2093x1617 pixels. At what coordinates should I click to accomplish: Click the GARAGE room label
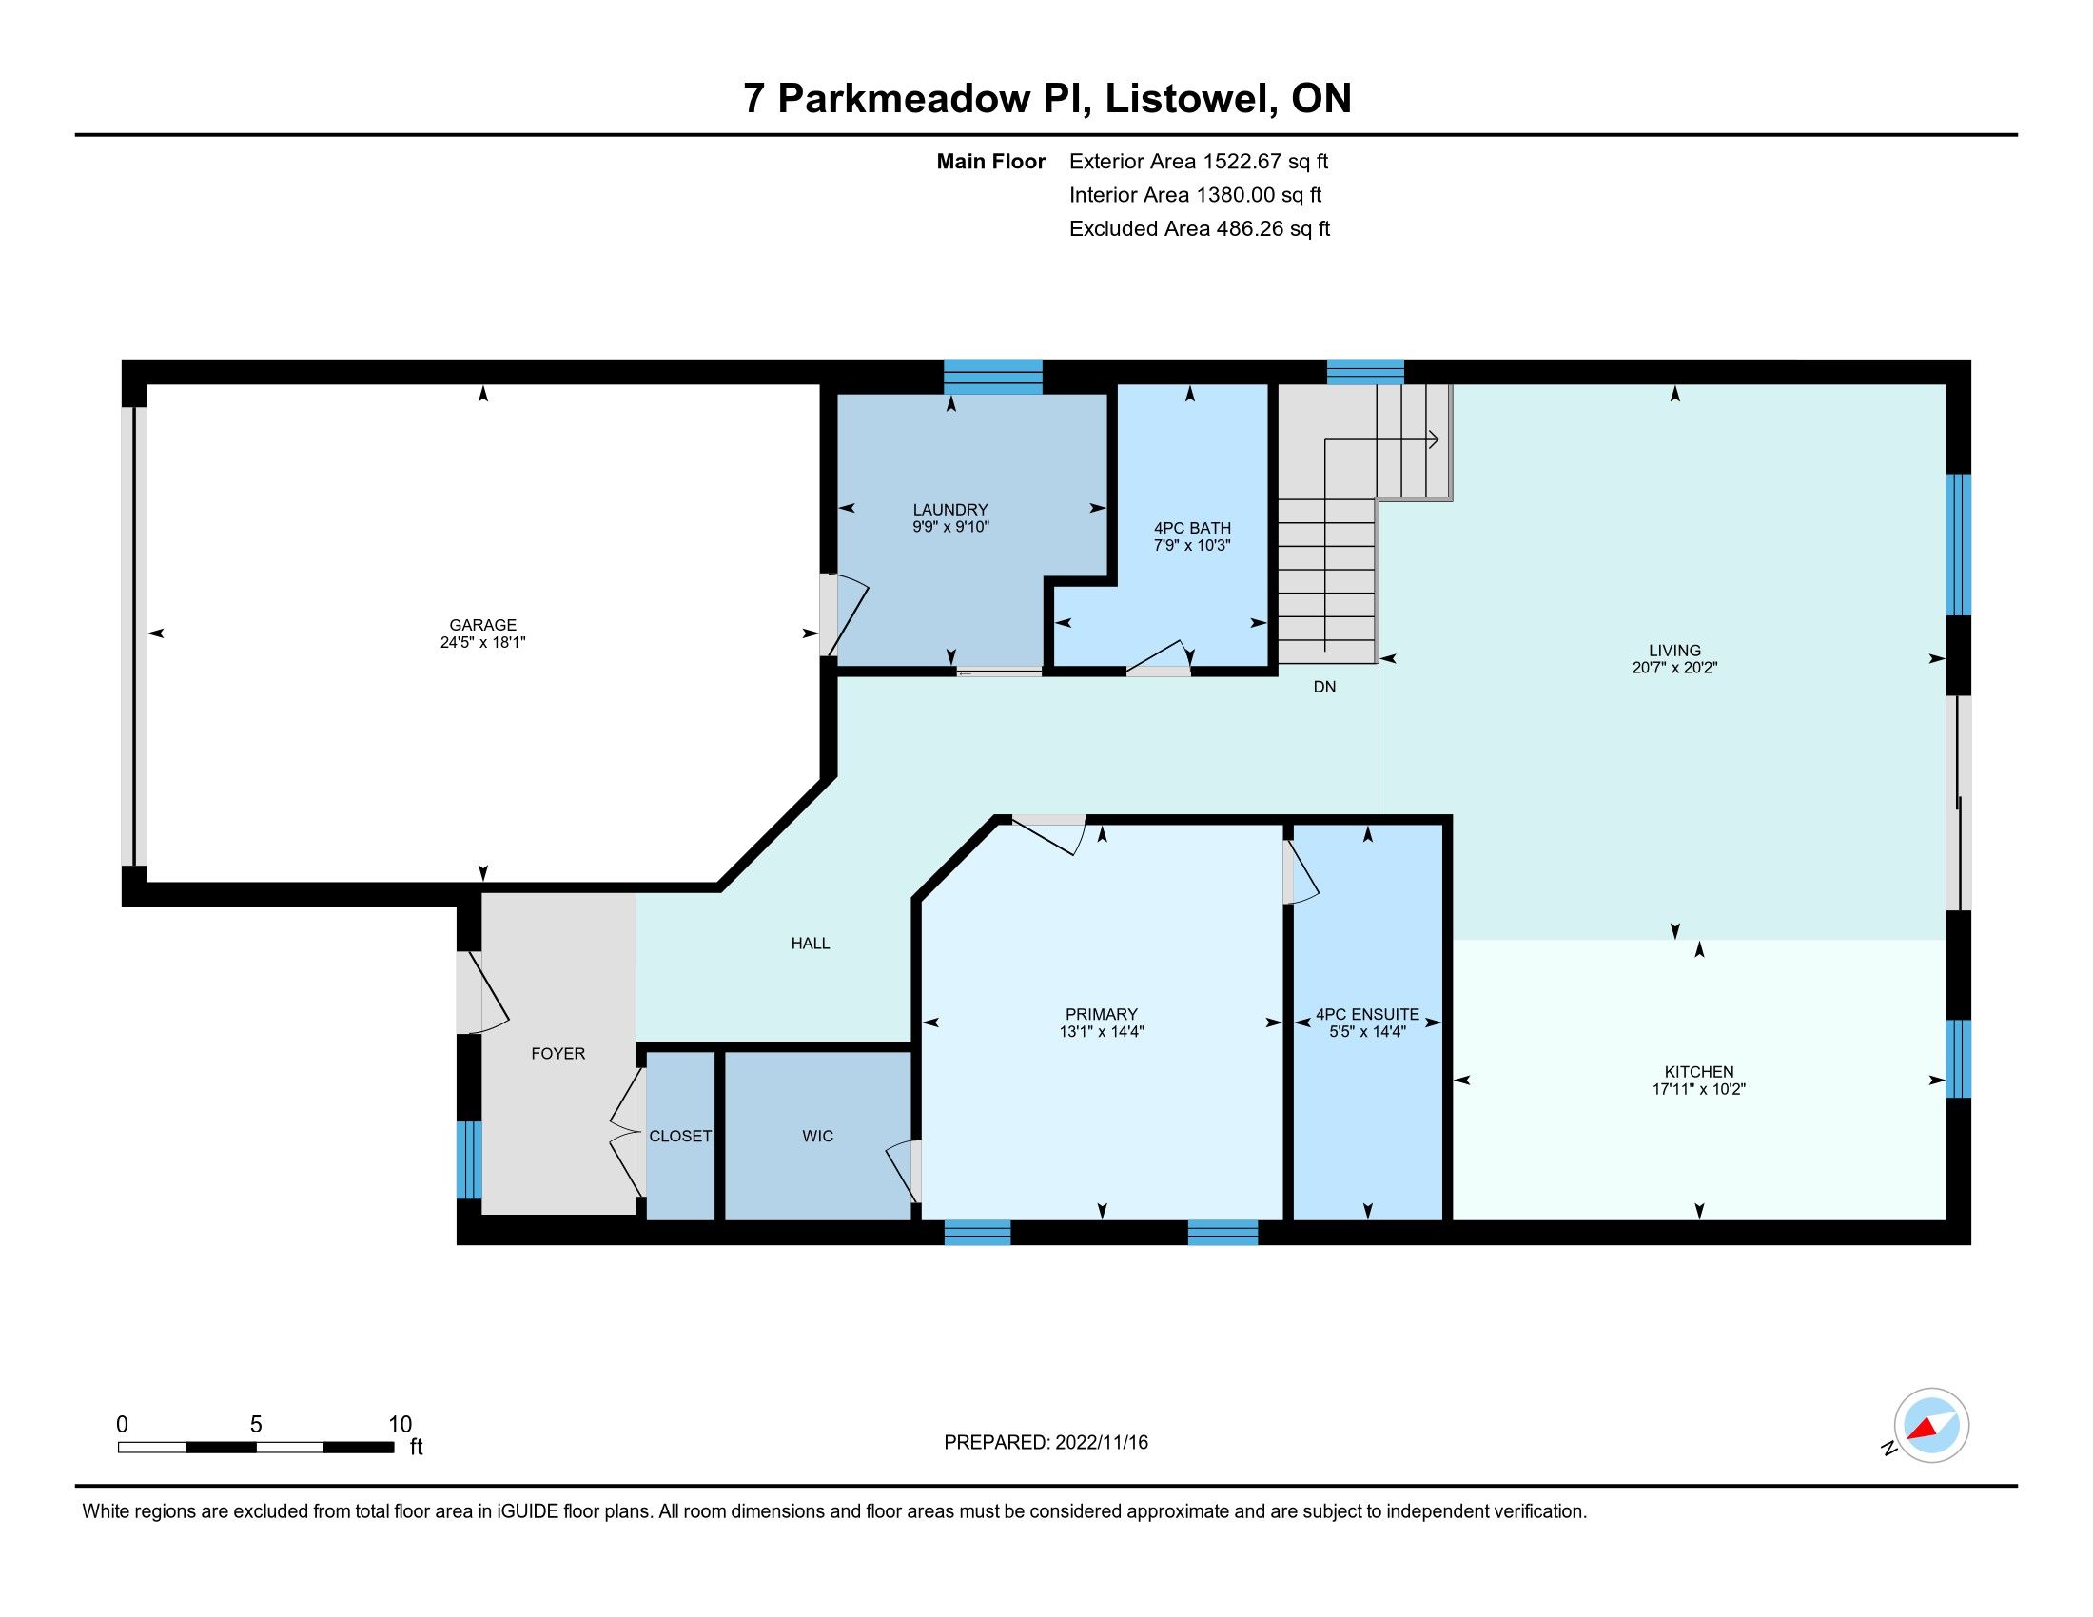click(483, 625)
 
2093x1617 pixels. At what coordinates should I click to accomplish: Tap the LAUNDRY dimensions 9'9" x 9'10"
click(950, 527)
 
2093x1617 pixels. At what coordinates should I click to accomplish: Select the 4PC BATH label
click(1192, 528)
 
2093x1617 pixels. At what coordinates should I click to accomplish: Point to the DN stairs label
click(1324, 687)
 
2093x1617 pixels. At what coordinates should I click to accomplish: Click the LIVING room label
click(1675, 651)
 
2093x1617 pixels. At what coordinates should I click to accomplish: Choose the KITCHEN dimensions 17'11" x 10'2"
click(1699, 1089)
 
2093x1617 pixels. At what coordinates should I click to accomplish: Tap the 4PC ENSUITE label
click(1367, 1015)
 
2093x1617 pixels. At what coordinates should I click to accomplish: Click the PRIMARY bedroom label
click(1102, 1015)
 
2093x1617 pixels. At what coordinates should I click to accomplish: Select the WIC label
click(817, 1136)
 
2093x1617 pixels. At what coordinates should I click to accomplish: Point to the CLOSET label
click(680, 1136)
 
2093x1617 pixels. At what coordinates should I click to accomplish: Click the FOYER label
click(557, 1054)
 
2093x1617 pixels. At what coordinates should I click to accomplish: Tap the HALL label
click(811, 944)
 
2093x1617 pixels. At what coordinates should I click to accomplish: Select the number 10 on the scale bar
click(400, 1425)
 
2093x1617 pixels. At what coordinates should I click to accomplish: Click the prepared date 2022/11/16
click(1102, 1443)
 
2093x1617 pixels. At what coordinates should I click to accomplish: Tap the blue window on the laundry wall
click(993, 377)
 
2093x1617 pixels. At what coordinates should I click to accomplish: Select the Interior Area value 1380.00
click(1236, 195)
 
